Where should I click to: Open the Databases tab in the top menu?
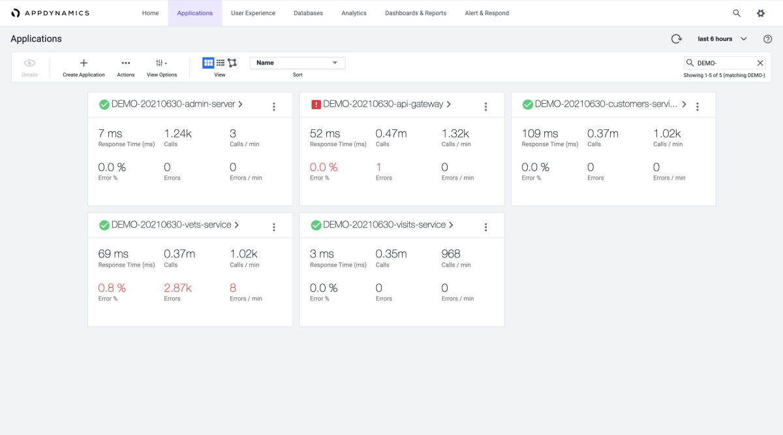308,13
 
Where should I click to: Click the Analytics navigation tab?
354,13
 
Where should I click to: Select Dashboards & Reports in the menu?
416,13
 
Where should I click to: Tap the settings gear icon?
760,13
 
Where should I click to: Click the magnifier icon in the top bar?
737,13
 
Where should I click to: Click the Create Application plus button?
84,63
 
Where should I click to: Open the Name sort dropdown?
298,63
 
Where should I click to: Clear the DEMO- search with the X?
760,63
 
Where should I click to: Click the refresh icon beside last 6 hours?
677,39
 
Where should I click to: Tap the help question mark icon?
768,39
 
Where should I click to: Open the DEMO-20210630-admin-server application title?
173,104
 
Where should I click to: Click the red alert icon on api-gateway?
316,105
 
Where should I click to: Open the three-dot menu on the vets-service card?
274,227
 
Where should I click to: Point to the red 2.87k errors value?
177,288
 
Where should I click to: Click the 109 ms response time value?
540,133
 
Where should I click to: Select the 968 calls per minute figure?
451,254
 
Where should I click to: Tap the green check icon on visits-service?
316,225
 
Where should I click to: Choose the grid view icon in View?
208,63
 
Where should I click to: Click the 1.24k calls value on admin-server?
177,133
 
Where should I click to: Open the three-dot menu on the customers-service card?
698,106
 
